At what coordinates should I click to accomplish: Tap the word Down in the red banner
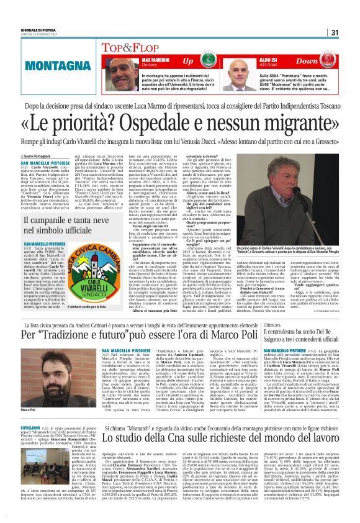pos(307,61)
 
